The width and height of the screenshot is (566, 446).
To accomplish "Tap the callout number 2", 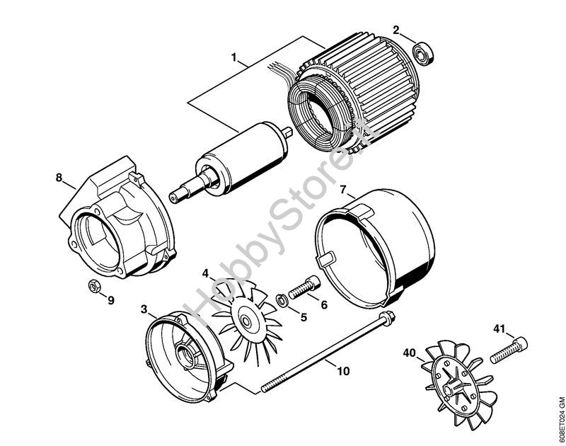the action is point(396,30).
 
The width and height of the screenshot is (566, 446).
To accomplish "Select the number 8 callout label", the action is point(59,177).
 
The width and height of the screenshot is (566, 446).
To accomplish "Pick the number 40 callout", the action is point(409,353).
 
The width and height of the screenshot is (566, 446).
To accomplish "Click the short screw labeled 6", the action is point(306,289).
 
